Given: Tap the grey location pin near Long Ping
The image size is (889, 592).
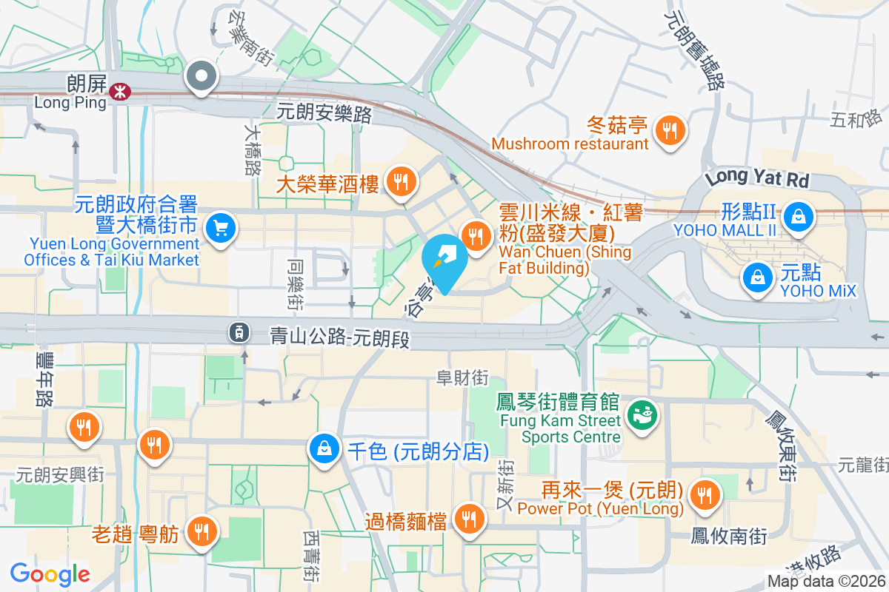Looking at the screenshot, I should pos(201,76).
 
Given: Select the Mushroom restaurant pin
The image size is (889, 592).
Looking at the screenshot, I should pos(670,132).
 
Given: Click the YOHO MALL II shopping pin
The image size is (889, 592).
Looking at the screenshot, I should pos(799,217).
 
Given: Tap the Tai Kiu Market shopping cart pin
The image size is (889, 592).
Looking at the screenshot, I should pos(220,228).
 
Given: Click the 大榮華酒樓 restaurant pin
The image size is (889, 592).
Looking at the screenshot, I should pos(402,180).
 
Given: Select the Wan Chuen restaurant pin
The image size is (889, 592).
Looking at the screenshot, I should pos(475,236).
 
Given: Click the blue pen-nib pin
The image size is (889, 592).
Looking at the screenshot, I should pos(444,260).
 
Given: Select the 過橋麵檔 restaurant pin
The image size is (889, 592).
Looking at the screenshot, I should pos(468,519).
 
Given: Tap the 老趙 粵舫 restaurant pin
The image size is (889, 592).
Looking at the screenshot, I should pos(201,531).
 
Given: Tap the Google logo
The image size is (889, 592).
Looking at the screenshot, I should pos(50,573).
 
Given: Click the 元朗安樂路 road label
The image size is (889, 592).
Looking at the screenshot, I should pos(324,113).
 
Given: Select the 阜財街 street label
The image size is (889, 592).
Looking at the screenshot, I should pos(462,377).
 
